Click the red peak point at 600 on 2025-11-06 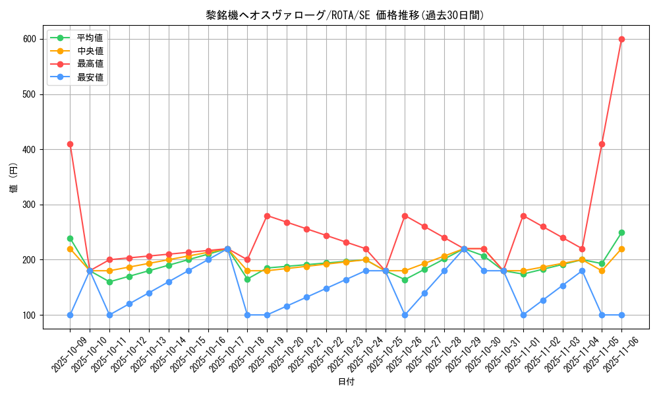(x=621, y=39)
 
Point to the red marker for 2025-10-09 (x=70, y=144)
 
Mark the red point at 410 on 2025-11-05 (x=602, y=144)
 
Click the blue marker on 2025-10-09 (x=70, y=315)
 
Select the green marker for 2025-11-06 (x=621, y=232)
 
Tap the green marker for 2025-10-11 (x=109, y=282)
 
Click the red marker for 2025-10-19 (x=267, y=216)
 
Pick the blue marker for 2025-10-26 (x=405, y=315)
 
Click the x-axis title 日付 (x=346, y=382)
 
